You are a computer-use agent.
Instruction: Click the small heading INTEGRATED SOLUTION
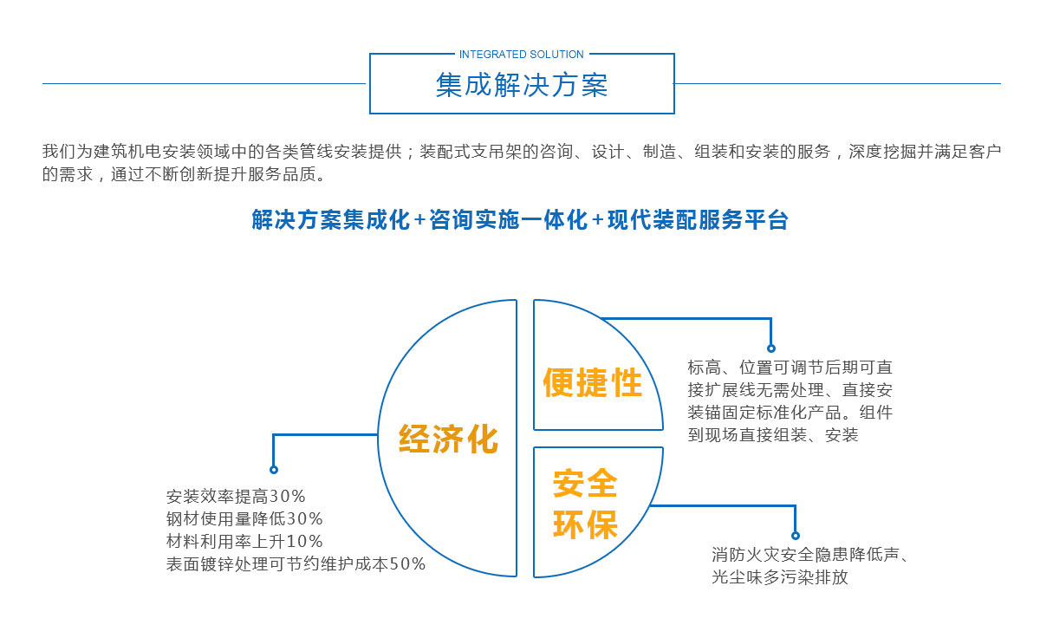pos(522,55)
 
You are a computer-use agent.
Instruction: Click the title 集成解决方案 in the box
pos(522,85)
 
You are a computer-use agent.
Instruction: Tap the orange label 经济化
pos(449,439)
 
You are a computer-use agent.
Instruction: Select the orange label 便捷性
pos(593,382)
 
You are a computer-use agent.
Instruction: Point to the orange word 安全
pos(585,484)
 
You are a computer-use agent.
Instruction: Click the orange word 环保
pos(585,524)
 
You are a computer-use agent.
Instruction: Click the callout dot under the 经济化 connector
pos(274,470)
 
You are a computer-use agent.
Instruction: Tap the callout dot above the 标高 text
pos(771,348)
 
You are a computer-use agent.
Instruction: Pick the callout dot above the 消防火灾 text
pos(796,536)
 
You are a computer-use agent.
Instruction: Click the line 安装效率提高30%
pos(236,497)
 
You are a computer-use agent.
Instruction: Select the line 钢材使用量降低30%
pos(244,518)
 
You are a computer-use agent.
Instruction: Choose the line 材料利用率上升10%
pos(244,542)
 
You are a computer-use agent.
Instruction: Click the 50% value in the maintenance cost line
pos(407,564)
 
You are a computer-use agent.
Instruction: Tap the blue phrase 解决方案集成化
pos(331,219)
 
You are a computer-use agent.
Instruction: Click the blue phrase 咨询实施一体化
pos(509,219)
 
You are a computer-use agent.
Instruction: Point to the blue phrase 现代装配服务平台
pos(698,219)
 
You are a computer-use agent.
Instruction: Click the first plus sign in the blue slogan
pos(419,219)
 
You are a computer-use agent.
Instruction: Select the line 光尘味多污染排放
pos(780,577)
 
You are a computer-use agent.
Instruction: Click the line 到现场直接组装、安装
pos(772,435)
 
